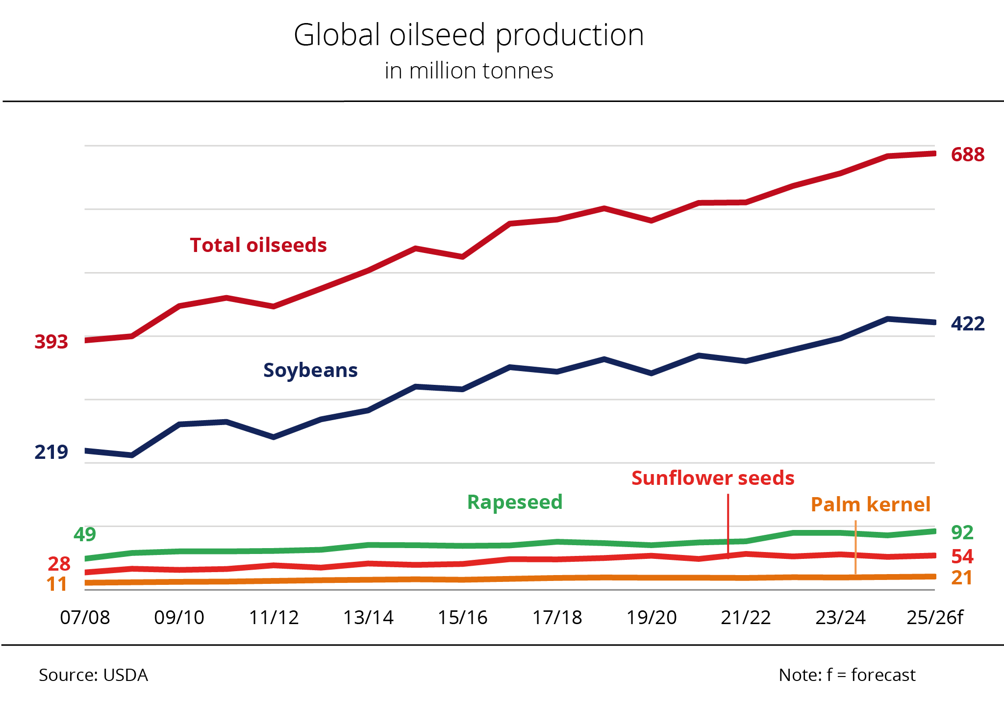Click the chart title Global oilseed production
[469, 35]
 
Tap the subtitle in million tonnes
[469, 71]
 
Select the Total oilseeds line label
[258, 245]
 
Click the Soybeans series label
[310, 370]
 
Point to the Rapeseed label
[515, 502]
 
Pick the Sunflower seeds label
[713, 478]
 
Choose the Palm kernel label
[870, 504]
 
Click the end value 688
[967, 155]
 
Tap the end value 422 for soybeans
[967, 324]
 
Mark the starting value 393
[51, 342]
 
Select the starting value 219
[51, 452]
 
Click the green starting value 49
[85, 534]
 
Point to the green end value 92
[962, 532]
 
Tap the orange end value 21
[961, 578]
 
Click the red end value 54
[962, 556]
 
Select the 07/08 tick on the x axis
[85, 618]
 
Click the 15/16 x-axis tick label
[462, 618]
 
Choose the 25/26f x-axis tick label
[934, 618]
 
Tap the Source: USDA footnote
[93, 675]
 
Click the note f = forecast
[847, 675]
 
